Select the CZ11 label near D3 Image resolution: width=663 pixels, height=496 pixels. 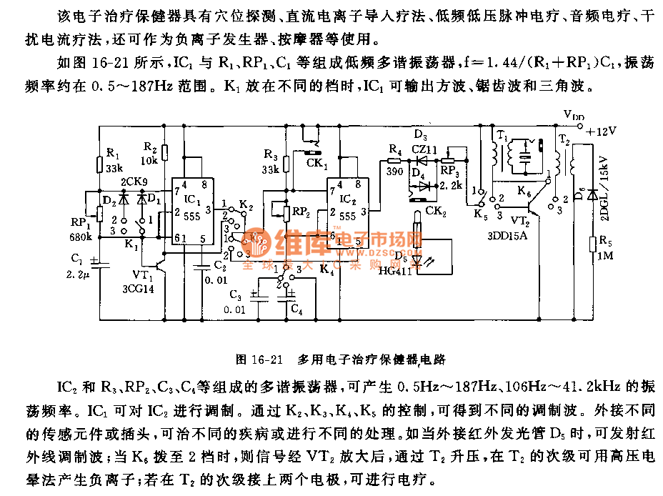click(x=424, y=149)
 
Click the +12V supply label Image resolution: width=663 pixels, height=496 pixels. click(x=599, y=131)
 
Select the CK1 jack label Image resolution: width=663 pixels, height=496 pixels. click(x=318, y=164)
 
